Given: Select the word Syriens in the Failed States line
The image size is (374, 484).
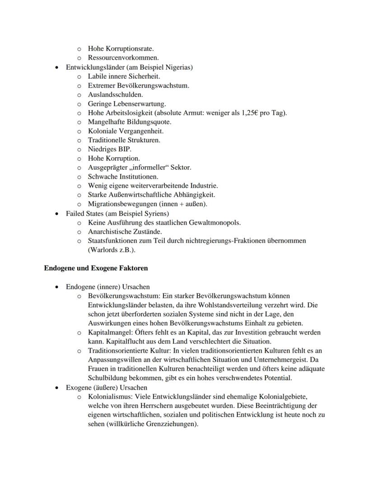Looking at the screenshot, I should pyautogui.click(x=156, y=213).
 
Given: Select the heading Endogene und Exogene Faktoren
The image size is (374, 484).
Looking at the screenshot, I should pyautogui.click(x=96, y=268).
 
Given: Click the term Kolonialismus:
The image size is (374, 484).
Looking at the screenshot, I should pyautogui.click(x=108, y=397).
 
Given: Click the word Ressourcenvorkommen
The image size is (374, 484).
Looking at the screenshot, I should pyautogui.click(x=123, y=58).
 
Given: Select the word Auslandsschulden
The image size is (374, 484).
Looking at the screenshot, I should pyautogui.click(x=115, y=94).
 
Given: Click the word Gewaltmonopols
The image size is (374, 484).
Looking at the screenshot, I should pyautogui.click(x=218, y=222).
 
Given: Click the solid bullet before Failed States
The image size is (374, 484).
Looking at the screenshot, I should pyautogui.click(x=56, y=213).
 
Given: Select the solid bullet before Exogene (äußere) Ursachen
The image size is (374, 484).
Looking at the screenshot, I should pyautogui.click(x=56, y=388).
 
